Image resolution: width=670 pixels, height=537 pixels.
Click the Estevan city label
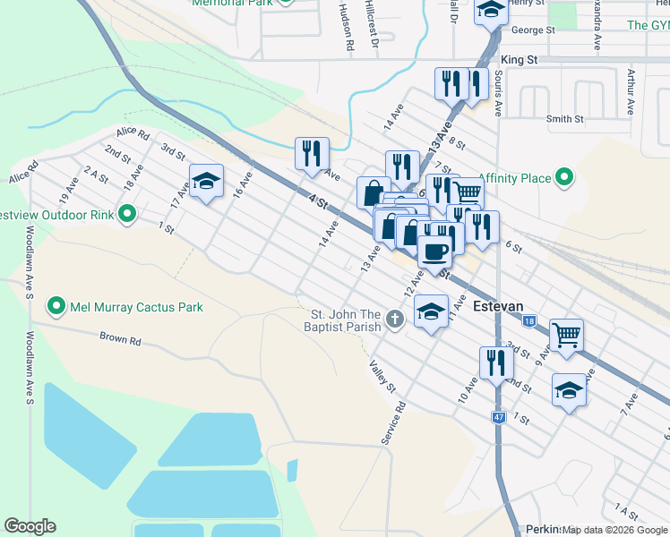(x=498, y=306)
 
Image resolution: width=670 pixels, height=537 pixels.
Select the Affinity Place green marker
(x=564, y=179)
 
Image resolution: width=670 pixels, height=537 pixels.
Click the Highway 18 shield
(x=530, y=321)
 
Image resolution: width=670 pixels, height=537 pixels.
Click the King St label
(x=519, y=60)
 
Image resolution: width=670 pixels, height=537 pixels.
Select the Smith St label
(x=564, y=119)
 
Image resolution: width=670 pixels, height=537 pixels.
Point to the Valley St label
(x=382, y=376)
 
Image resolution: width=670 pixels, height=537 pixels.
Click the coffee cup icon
(x=435, y=251)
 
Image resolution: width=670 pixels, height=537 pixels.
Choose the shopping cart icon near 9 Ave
(x=566, y=336)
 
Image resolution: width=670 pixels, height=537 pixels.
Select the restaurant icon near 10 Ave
(x=496, y=362)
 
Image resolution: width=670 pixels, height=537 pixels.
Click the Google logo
(x=30, y=526)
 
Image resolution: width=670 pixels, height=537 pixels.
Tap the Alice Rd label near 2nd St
(x=132, y=132)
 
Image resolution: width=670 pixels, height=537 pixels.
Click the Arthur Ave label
(x=631, y=93)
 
